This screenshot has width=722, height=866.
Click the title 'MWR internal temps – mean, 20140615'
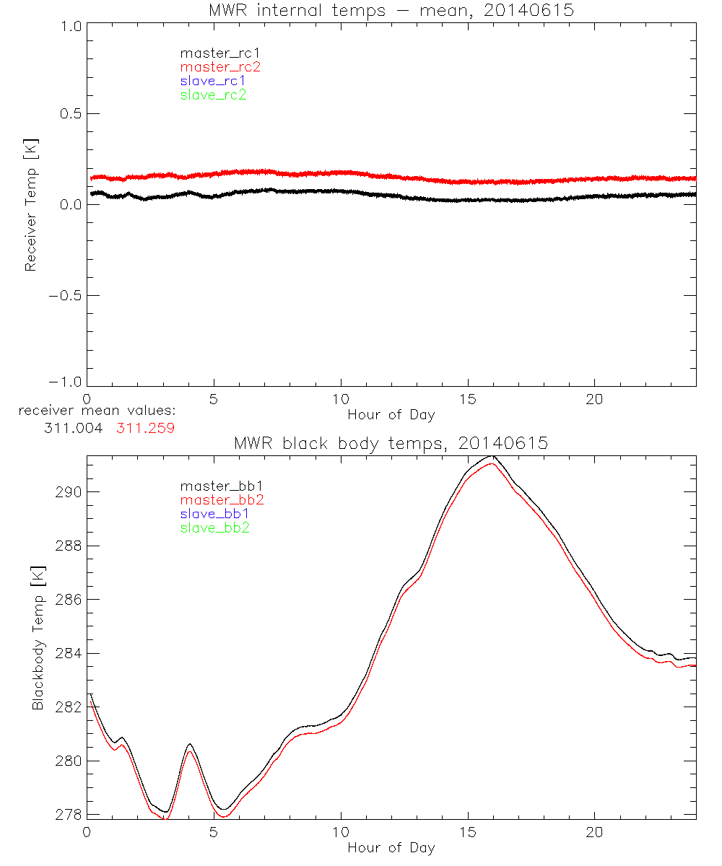coord(391,11)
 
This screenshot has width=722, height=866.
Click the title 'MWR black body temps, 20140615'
coord(391,444)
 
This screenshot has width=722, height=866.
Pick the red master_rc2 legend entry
coord(219,67)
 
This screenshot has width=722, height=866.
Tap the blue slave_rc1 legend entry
coord(213,81)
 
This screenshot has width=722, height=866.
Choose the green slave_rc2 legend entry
coord(213,95)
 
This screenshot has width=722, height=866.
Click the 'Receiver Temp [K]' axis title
coord(30,204)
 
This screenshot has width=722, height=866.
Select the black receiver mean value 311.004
coord(74,427)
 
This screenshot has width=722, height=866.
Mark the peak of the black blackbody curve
coord(492,456)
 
